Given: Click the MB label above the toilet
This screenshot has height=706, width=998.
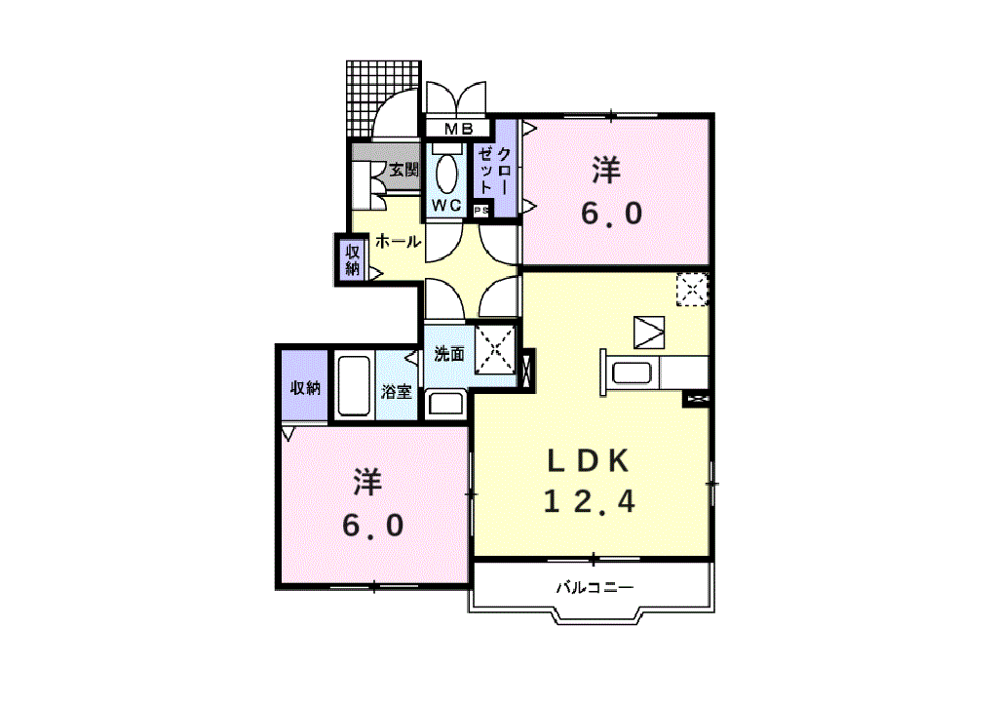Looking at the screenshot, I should [x=458, y=129].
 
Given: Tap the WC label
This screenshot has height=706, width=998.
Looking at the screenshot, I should [x=446, y=205].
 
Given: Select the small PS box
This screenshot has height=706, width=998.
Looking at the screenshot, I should [x=480, y=210].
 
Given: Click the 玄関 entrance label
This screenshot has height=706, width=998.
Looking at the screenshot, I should [x=403, y=170].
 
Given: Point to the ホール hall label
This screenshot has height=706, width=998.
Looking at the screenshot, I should [x=399, y=240].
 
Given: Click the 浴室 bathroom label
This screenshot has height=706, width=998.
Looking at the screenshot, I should [x=397, y=392].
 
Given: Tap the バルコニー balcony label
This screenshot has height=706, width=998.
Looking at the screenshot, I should [x=595, y=588].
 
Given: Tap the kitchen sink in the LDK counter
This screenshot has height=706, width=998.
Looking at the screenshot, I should [x=633, y=373].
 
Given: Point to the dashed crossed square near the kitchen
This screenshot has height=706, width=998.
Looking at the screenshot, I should [x=693, y=290].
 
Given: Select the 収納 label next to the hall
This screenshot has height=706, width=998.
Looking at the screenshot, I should [x=353, y=258].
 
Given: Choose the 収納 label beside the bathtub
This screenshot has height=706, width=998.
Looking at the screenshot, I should [x=305, y=387].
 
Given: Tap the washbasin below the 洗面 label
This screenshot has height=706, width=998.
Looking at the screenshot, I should [x=447, y=402].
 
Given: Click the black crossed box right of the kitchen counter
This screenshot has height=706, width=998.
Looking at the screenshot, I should [x=696, y=398].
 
